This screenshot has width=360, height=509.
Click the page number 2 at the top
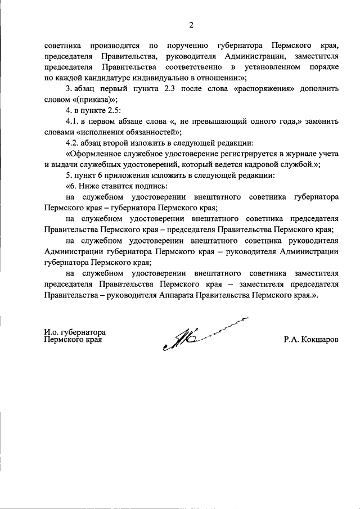click(x=191, y=25)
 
